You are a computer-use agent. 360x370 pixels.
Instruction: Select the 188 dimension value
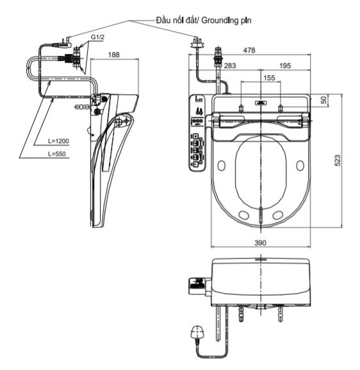point(113,56)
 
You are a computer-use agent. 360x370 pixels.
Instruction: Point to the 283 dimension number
point(229,65)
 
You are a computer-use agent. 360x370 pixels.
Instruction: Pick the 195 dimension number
point(285,65)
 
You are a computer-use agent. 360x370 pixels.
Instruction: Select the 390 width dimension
point(260,242)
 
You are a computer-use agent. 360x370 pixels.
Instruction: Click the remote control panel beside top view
point(197,133)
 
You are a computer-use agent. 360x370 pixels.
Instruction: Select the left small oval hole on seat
point(222,166)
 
